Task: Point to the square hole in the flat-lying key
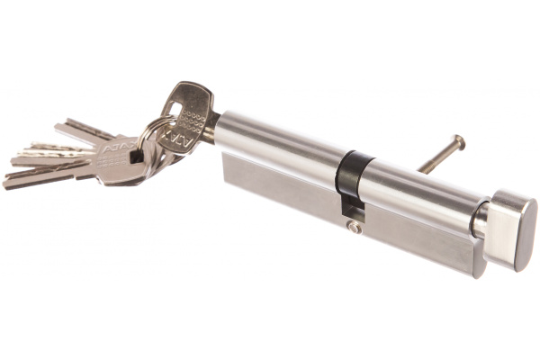click(x=135, y=157)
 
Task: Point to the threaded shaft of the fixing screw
click(x=436, y=157)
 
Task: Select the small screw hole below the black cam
click(x=355, y=228)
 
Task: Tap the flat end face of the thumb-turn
click(x=522, y=234)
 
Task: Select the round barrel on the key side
click(x=279, y=144)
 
